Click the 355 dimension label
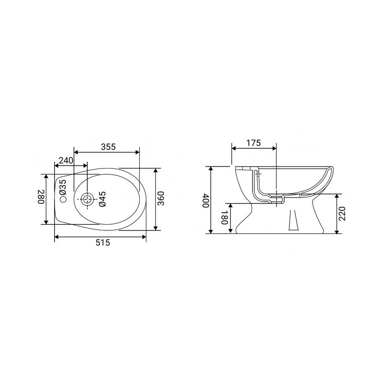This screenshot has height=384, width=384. pyautogui.click(x=108, y=147)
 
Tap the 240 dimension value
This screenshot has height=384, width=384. pyautogui.click(x=66, y=160)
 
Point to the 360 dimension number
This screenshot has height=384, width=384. pyautogui.click(x=162, y=198)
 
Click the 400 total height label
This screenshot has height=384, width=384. pyautogui.click(x=205, y=200)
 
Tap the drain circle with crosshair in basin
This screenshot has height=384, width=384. pyautogui.click(x=87, y=199)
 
